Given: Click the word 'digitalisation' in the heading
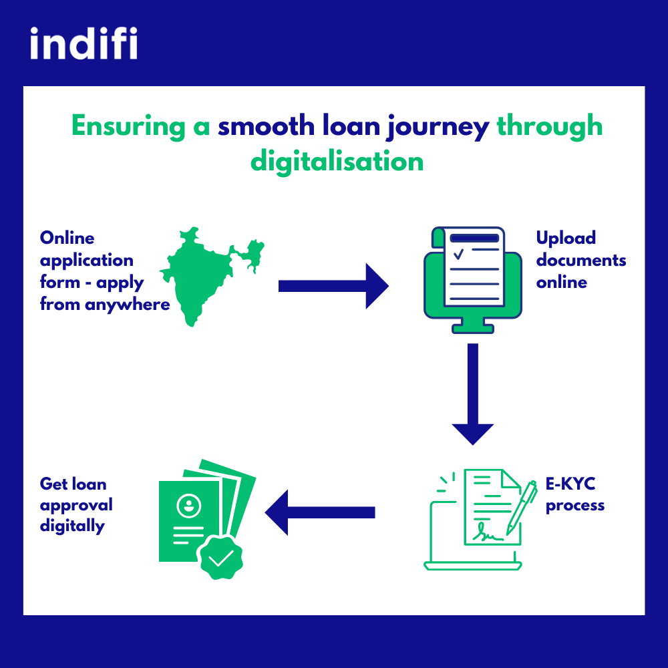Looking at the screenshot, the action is pyautogui.click(x=337, y=162).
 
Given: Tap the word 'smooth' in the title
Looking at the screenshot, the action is pyautogui.click(x=267, y=126).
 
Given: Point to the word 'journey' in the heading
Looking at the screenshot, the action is pyautogui.click(x=438, y=128).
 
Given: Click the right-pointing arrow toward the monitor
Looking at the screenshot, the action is pyautogui.click(x=333, y=286).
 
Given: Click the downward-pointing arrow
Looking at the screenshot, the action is pyautogui.click(x=473, y=394).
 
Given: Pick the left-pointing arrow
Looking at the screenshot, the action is pyautogui.click(x=319, y=512).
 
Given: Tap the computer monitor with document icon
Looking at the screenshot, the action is pyautogui.click(x=473, y=280).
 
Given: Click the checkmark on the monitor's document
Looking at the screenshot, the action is pyautogui.click(x=458, y=255).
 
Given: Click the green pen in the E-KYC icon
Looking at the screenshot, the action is pyautogui.click(x=522, y=508).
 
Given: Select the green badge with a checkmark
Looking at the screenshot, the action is pyautogui.click(x=220, y=558).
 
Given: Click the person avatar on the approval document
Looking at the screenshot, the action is pyautogui.click(x=189, y=506).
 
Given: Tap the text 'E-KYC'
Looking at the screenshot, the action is pyautogui.click(x=570, y=484).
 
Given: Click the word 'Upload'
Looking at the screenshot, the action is pyautogui.click(x=566, y=238).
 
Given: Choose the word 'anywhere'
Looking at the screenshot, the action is pyautogui.click(x=128, y=305).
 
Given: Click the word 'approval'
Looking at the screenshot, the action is pyautogui.click(x=76, y=506).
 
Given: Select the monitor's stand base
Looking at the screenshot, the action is pyautogui.click(x=473, y=329).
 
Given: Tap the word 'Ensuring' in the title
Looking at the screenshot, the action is pyautogui.click(x=128, y=127).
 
